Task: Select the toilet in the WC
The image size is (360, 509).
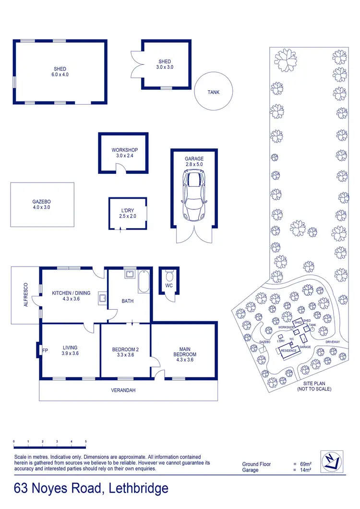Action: (x=168, y=277)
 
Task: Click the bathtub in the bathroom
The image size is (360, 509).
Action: (x=144, y=282)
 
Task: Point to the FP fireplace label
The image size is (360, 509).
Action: (x=46, y=350)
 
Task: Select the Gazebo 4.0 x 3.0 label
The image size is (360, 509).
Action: (x=41, y=205)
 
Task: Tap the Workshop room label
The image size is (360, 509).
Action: (x=121, y=153)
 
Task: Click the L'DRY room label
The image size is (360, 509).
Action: (x=128, y=213)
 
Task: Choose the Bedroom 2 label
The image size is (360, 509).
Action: (x=125, y=352)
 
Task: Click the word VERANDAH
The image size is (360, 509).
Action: (x=124, y=390)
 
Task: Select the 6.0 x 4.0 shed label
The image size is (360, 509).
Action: (x=60, y=72)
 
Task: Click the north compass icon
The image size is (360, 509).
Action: (x=331, y=461)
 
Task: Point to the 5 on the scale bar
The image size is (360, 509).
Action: (x=85, y=441)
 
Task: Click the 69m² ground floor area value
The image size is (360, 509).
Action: (x=305, y=464)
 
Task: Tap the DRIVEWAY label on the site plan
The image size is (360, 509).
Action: (x=332, y=342)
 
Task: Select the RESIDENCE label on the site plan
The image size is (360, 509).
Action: (x=289, y=351)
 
